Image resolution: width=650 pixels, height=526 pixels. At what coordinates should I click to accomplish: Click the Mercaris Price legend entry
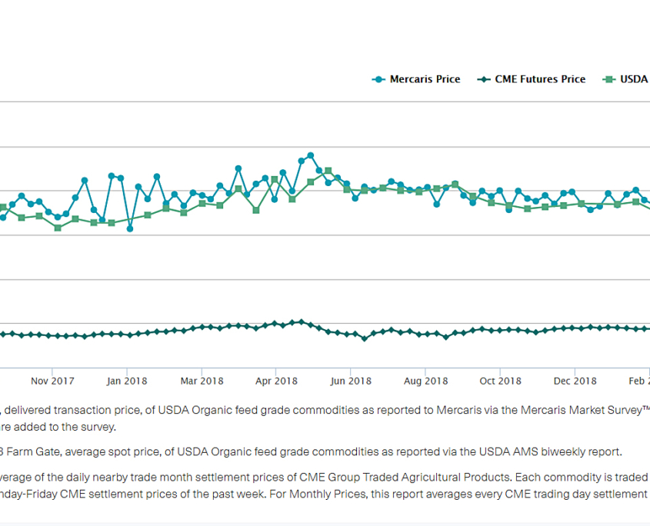(416, 79)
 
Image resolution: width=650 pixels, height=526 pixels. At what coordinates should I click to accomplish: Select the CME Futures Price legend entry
(532, 79)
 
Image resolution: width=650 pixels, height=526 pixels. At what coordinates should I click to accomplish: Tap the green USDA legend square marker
(609, 79)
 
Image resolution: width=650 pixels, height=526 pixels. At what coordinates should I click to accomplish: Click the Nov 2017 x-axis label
(52, 381)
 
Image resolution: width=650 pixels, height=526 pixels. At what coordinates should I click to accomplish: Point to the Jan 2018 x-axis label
(127, 381)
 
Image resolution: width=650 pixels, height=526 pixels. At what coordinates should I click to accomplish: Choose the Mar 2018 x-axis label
(202, 381)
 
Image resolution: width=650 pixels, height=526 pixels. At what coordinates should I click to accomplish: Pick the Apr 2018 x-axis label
(276, 381)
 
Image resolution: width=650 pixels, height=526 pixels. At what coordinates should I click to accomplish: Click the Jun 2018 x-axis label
(351, 381)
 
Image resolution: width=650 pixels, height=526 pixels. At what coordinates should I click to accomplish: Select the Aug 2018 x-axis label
(425, 381)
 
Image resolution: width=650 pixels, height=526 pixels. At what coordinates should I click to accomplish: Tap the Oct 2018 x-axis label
(500, 381)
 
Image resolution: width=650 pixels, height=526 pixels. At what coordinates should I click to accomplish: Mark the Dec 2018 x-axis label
(575, 381)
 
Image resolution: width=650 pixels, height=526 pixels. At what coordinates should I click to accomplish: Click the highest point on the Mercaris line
(311, 155)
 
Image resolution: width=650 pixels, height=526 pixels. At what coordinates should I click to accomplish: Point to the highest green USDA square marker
(328, 171)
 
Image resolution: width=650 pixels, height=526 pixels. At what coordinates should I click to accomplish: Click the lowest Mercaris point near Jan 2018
(130, 228)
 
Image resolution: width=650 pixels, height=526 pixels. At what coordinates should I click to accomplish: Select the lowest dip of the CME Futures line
(365, 338)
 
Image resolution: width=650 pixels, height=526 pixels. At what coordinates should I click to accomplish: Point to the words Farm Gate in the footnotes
(30, 451)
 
